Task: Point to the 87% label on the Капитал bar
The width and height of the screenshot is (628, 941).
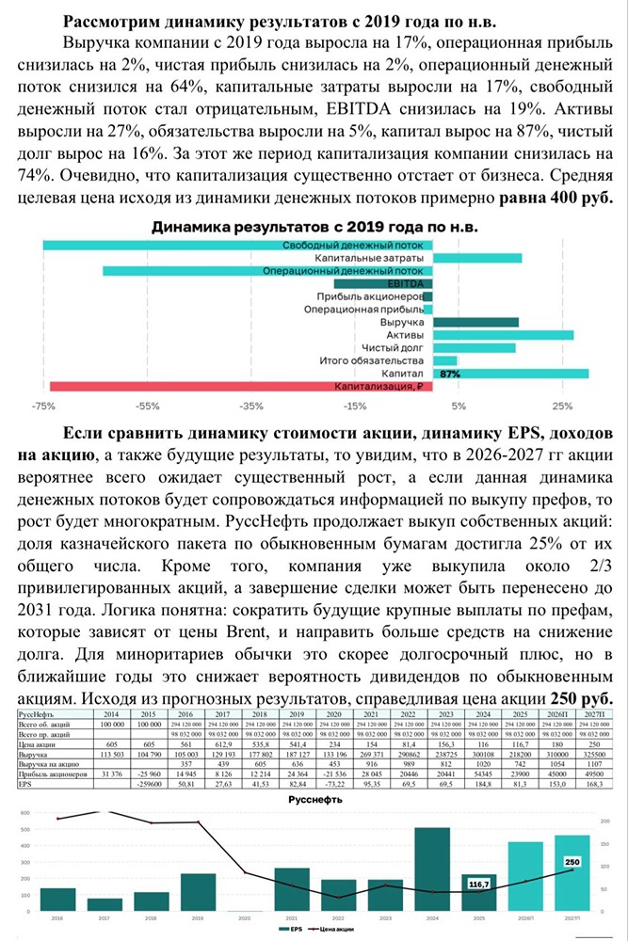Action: point(450,374)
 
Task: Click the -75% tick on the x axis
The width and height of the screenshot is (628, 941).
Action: point(42,407)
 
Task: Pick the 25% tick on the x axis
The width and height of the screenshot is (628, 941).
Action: point(563,407)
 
